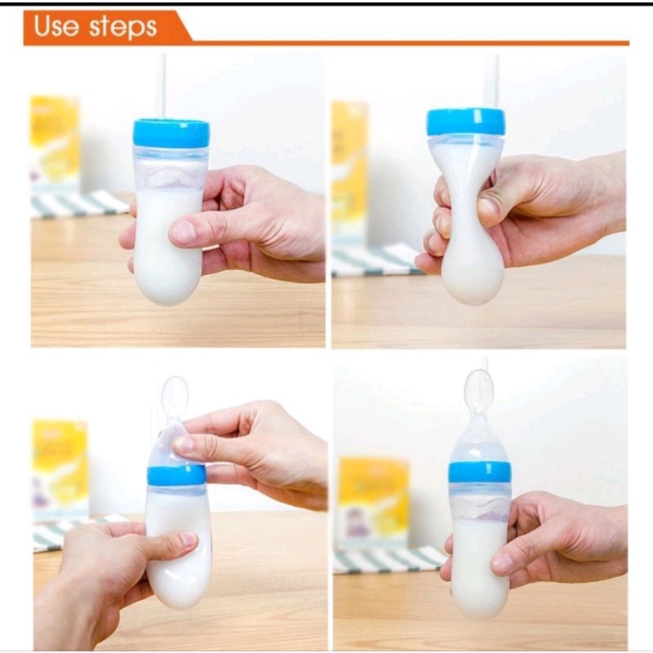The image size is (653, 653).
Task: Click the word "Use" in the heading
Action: [56, 26]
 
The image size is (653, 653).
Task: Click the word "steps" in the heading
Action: [123, 28]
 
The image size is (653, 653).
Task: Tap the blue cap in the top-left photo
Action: [171, 133]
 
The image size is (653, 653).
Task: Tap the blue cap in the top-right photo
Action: [466, 122]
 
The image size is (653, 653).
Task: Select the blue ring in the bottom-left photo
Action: [176, 476]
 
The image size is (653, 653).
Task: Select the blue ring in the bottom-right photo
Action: [480, 473]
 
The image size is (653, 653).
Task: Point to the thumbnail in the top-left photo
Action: [182, 232]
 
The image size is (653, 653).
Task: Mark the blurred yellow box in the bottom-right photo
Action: [374, 503]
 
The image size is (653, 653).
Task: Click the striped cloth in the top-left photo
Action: [78, 205]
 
